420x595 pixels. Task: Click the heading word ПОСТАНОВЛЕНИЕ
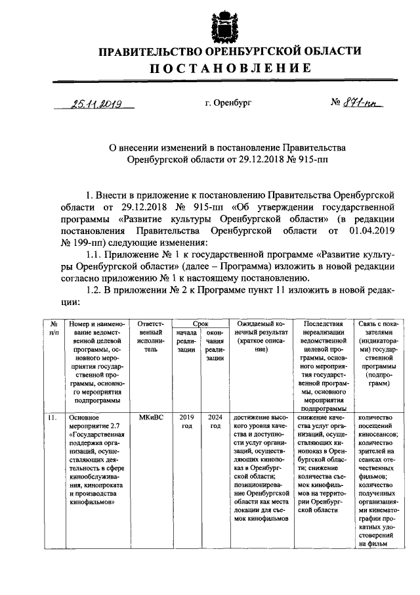click(x=230, y=68)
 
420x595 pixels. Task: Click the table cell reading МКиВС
click(x=151, y=417)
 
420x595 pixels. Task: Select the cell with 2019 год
click(x=186, y=421)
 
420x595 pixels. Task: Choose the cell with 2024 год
click(x=215, y=421)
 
